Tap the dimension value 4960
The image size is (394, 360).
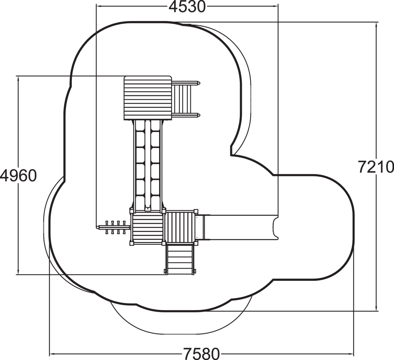coord(18,175)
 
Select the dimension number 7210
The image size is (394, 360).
coord(376,167)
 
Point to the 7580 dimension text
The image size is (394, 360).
coord(202,354)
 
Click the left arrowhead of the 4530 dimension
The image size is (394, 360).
coord(98,6)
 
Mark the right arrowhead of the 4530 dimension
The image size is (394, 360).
coord(275,6)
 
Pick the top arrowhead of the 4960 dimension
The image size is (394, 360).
coord(18,78)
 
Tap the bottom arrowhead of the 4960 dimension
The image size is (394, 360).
coord(18,272)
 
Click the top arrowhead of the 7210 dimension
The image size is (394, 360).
coord(376,25)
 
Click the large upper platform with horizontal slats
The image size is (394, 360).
coord(148,98)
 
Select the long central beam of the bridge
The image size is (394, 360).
coord(148,165)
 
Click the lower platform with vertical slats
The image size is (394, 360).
coord(180,227)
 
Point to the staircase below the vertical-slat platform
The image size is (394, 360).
coord(180,259)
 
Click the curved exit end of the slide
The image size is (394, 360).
coord(275,228)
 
